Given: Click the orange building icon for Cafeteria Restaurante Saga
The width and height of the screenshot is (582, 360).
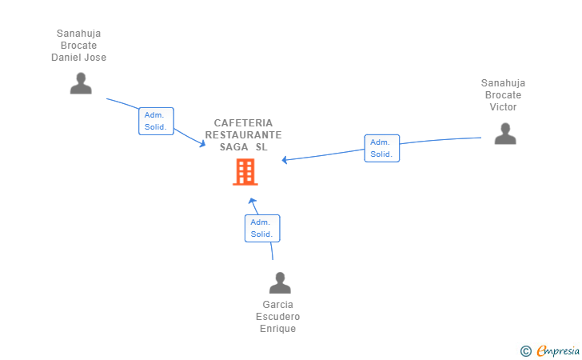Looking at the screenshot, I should click(245, 172).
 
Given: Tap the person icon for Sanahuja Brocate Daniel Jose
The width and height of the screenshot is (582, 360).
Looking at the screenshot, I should click(81, 83).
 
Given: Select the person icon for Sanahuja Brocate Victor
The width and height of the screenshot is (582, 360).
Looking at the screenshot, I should click(504, 134).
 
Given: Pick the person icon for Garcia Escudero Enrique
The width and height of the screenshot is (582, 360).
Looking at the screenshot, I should click(279, 283).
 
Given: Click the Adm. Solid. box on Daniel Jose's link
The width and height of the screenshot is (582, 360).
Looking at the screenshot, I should click(156, 121).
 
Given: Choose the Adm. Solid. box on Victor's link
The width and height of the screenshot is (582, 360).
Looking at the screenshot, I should click(381, 148).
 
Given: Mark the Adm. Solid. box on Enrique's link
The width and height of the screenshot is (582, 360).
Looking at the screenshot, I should click(261, 228).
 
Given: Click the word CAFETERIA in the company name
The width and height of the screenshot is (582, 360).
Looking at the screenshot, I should click(243, 123).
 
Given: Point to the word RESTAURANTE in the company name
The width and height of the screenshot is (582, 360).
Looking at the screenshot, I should click(243, 135).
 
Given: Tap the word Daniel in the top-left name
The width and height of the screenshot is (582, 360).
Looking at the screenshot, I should click(68, 58).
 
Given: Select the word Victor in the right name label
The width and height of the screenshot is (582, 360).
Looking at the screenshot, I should click(503, 107).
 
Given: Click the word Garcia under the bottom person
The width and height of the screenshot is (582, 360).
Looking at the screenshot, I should click(277, 305).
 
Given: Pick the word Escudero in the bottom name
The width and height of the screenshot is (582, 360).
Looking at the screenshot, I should click(277, 317).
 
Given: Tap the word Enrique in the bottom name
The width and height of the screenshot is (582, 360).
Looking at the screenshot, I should click(277, 329).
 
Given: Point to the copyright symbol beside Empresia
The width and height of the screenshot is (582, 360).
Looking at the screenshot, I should click(525, 350).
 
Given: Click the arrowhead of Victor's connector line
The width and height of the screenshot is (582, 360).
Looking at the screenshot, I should click(285, 160).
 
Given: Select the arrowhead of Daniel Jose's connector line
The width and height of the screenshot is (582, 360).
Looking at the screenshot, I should click(202, 144).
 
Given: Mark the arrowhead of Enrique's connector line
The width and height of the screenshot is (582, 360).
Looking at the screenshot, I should click(252, 202).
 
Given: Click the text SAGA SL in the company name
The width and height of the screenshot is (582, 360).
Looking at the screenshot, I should click(243, 147).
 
